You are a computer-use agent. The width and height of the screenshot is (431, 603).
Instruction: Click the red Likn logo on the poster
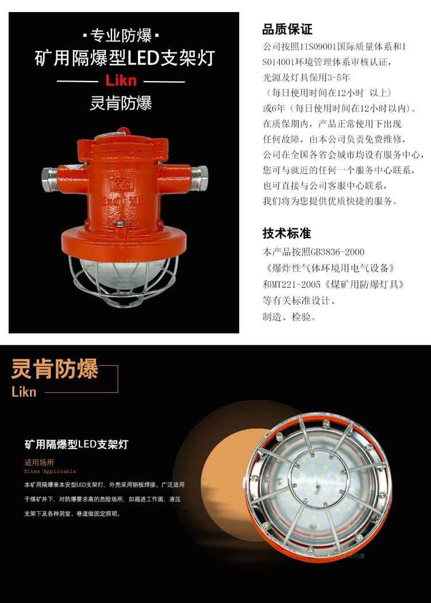pyautogui.click(x=121, y=80)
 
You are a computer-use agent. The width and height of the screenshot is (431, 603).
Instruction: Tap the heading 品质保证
pyautogui.click(x=287, y=29)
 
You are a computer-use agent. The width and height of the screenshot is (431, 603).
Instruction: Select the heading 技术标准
pyautogui.click(x=287, y=233)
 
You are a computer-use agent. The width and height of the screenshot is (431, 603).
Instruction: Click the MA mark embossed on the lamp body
pyautogui.click(x=122, y=184)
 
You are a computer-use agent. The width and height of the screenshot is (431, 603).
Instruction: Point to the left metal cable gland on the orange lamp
pyautogui.click(x=49, y=179)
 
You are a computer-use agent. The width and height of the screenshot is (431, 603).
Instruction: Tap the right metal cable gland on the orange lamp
pyautogui.click(x=199, y=178)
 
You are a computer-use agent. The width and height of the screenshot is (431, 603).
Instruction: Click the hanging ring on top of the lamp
pyautogui.click(x=123, y=131)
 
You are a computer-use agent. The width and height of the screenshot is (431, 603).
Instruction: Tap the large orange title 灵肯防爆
pyautogui.click(x=55, y=369)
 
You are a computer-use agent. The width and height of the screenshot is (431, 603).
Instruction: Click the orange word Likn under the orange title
pyautogui.click(x=24, y=392)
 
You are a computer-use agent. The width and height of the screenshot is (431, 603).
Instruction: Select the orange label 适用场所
pyautogui.click(x=39, y=463)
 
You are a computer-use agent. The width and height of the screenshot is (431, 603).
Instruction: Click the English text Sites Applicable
pyautogui.click(x=50, y=471)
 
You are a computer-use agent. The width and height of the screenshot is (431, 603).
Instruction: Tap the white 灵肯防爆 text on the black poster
pyautogui.click(x=121, y=103)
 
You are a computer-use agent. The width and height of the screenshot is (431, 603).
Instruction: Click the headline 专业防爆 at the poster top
pyautogui.click(x=121, y=36)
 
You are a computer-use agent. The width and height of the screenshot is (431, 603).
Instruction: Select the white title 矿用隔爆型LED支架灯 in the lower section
pyautogui.click(x=76, y=444)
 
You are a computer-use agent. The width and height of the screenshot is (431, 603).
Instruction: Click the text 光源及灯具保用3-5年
pyautogui.click(x=306, y=78)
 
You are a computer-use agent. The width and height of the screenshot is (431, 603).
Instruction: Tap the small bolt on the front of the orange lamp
pyautogui.click(x=121, y=224)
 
